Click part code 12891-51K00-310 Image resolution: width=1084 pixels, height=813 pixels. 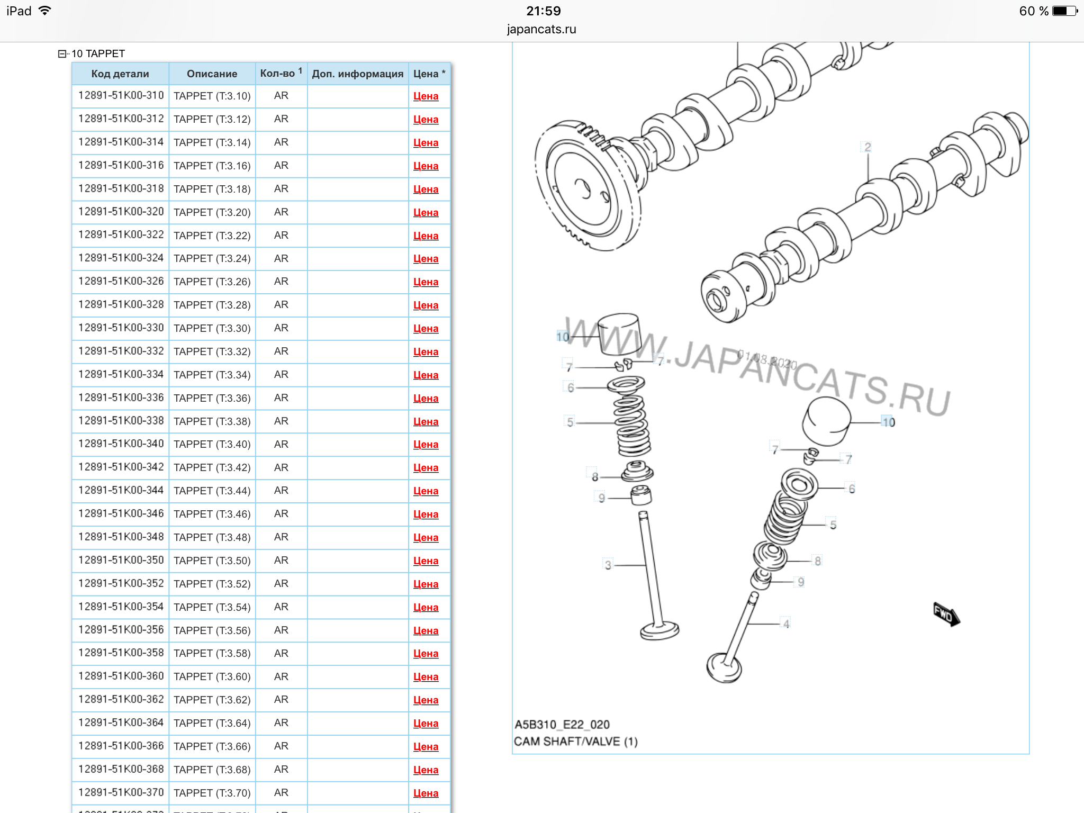coord(121,95)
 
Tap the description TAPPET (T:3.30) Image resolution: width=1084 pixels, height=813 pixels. coord(212,328)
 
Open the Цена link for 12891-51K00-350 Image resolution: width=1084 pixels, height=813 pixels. coord(426,561)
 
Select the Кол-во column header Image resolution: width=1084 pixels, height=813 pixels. coord(281,73)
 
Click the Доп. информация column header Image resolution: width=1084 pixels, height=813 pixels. coord(358,74)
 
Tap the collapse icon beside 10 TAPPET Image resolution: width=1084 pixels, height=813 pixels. coord(62,53)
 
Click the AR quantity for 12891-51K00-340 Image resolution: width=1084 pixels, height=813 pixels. coord(281,444)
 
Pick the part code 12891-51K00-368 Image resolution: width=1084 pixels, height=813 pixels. coord(121,769)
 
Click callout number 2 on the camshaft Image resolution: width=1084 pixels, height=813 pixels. coord(868,147)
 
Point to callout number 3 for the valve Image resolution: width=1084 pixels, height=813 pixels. coord(608,565)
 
